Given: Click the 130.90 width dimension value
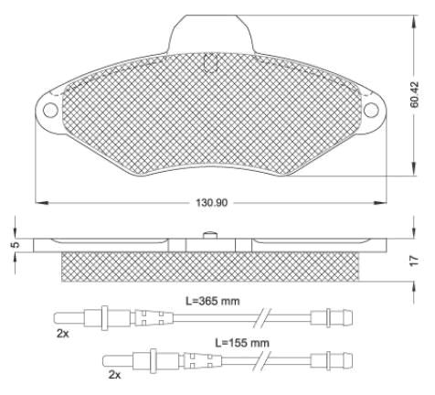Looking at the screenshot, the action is coord(212,202).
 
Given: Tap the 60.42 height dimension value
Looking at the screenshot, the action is coord(415,94).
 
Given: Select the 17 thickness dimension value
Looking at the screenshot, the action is coord(414,261).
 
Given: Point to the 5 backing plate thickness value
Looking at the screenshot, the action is coord(16,244).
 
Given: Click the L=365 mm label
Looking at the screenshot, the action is coord(213,301).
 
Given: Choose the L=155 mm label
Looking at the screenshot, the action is coord(242,343).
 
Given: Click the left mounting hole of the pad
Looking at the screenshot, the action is coord(50,110).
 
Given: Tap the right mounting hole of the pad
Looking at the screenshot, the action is coord(371,110).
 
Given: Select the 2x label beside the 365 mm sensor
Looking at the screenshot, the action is coord(63,334).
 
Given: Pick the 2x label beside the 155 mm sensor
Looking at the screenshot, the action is coord(114,375).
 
